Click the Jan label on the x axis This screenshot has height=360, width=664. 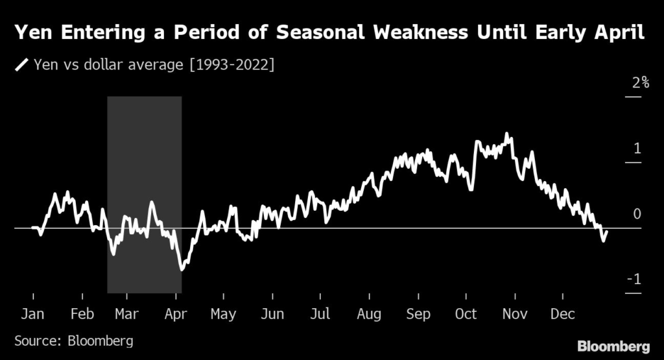click(32, 314)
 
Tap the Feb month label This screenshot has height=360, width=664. click(82, 314)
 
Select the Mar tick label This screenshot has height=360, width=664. click(126, 314)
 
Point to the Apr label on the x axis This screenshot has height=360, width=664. click(176, 314)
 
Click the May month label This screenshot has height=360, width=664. click(223, 314)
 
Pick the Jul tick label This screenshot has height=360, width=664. click(320, 314)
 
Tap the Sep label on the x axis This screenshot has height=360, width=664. click(418, 314)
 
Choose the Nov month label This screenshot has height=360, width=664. click(515, 314)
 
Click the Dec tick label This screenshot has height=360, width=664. click(562, 314)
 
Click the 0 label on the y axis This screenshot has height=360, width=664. click(637, 215)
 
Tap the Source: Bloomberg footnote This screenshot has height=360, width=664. click(73, 341)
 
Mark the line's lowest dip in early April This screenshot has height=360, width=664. click(182, 269)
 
